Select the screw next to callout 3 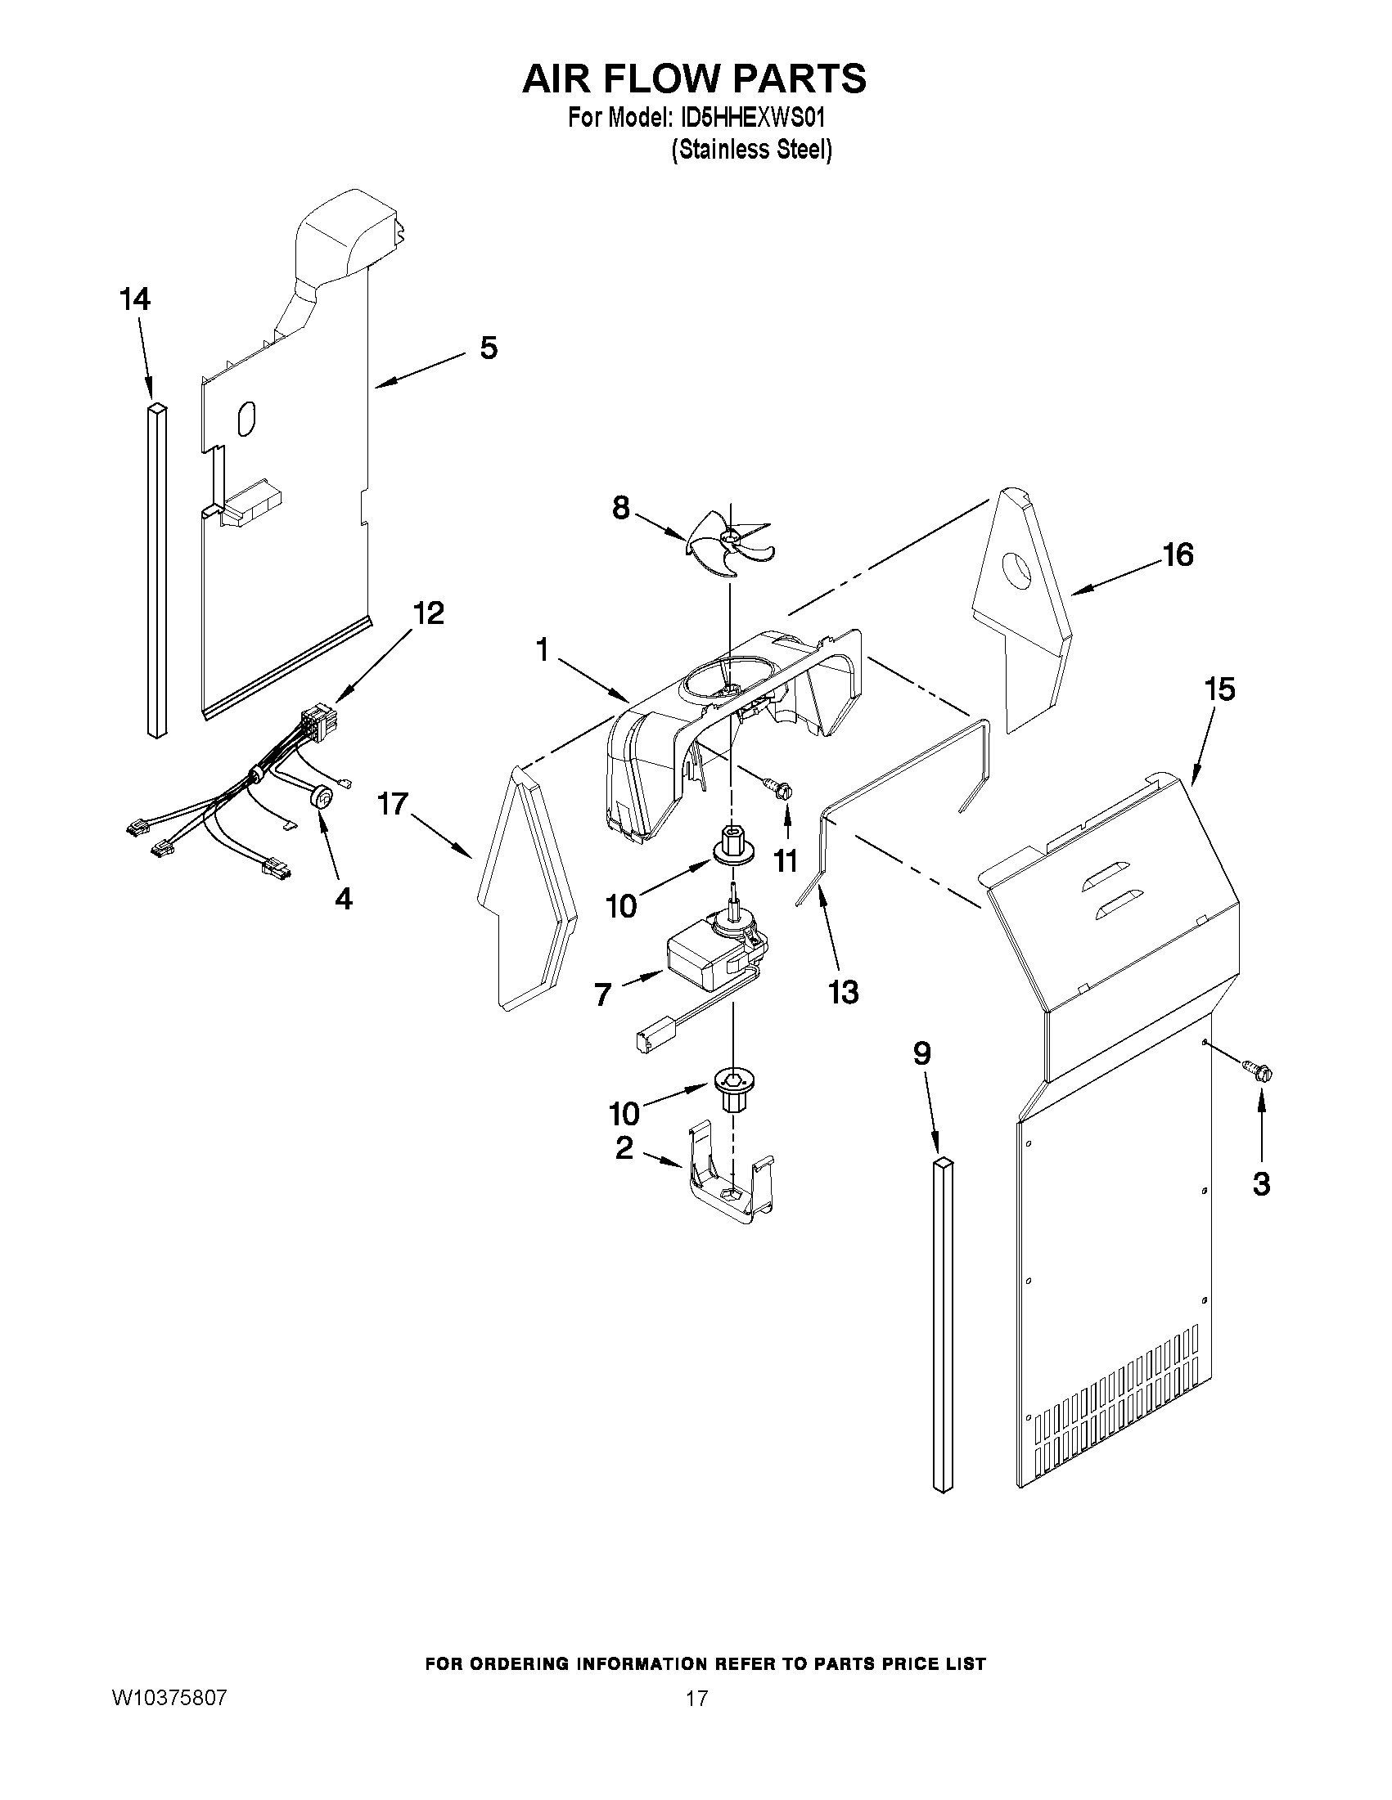1257,1071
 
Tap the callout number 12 429,613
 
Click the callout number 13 843,992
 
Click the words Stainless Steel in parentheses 751,150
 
